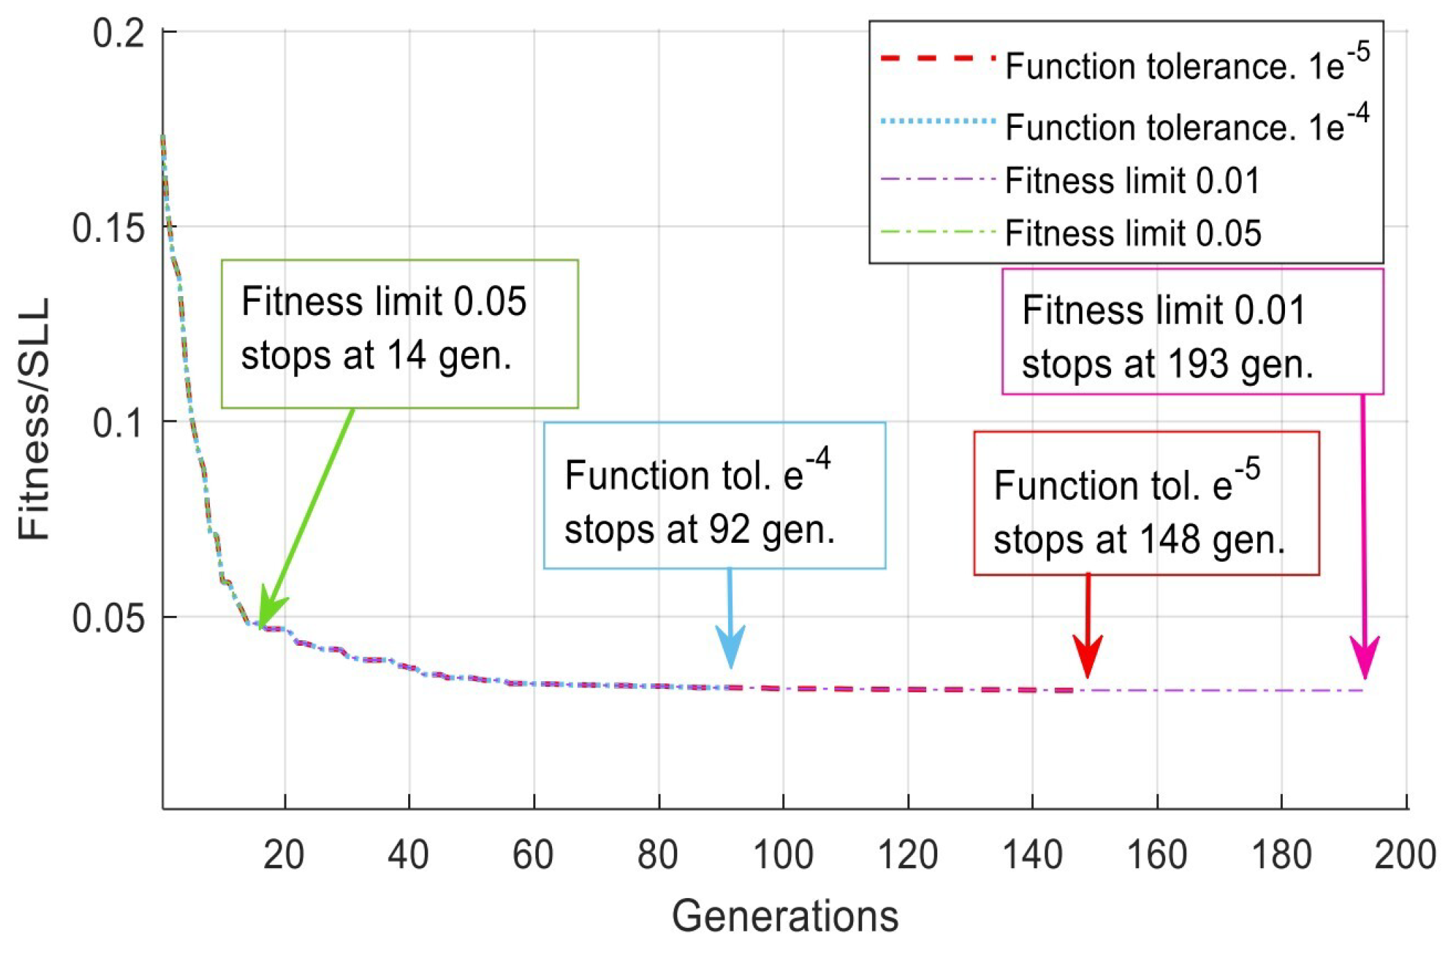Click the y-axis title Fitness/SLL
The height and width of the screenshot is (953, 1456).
[x=34, y=419]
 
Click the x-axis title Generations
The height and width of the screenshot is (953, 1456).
[x=785, y=916]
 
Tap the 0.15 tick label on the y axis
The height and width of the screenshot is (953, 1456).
[x=109, y=227]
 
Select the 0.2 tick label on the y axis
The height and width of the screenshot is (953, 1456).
[x=119, y=33]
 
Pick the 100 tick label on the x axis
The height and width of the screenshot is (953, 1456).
[x=784, y=855]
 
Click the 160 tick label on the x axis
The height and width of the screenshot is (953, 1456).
[x=1157, y=855]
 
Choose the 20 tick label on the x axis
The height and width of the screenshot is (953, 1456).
[x=284, y=855]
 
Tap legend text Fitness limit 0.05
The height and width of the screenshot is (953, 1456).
[x=1133, y=234]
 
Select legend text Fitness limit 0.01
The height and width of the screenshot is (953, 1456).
[x=1133, y=181]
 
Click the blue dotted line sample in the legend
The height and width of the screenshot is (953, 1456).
[x=937, y=122]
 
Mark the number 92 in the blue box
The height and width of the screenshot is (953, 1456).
[x=729, y=530]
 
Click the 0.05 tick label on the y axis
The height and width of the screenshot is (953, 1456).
[x=109, y=618]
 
